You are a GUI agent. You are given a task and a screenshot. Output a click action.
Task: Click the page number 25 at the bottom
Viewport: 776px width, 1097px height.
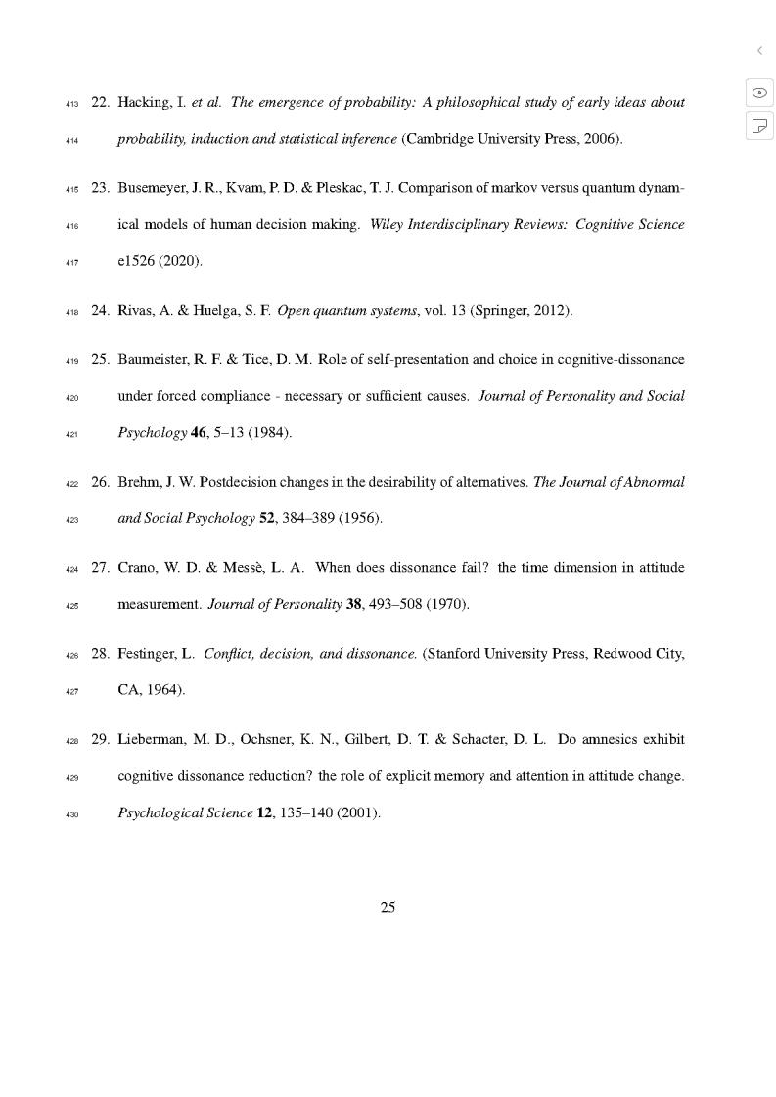click(x=388, y=907)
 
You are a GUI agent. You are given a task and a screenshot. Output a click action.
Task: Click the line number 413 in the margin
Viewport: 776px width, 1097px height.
click(x=71, y=104)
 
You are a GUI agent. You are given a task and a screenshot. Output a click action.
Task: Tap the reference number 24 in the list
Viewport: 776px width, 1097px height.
click(x=100, y=311)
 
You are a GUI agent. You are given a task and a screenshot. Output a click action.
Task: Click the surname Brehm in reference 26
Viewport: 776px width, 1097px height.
click(x=137, y=481)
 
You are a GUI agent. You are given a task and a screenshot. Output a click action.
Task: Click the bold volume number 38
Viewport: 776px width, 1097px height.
click(x=354, y=604)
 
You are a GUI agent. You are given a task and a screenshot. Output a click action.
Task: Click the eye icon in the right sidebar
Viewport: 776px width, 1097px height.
click(x=759, y=92)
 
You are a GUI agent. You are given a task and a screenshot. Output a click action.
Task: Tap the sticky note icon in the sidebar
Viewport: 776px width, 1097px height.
click(x=759, y=125)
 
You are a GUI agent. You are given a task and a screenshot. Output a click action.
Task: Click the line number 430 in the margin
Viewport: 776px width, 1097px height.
click(x=71, y=813)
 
